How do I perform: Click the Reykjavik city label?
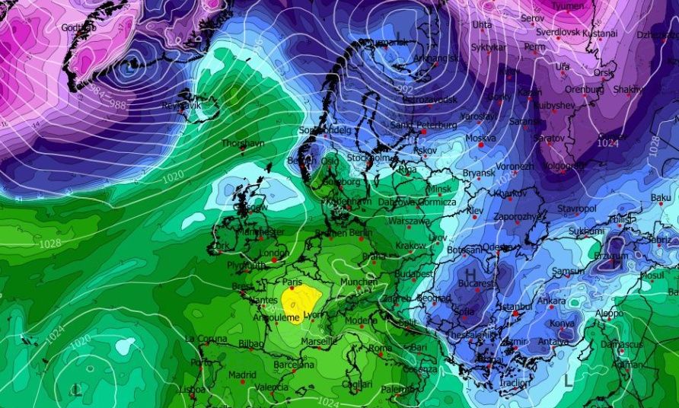pos(180,104)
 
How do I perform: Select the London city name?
pos(274,253)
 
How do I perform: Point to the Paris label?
pos(293,282)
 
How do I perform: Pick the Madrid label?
pos(242,375)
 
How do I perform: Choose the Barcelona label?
pos(295,365)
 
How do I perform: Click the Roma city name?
pos(380,348)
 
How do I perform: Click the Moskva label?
pos(480,139)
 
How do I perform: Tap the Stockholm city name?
pos(369,158)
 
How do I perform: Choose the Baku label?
pos(661,198)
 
